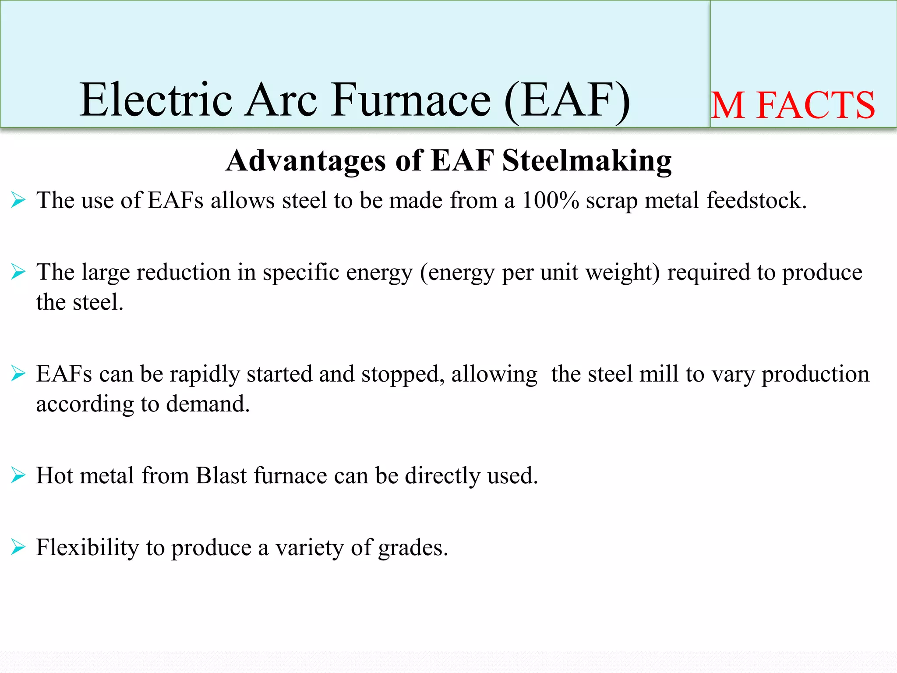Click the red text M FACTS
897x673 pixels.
pyautogui.click(x=793, y=105)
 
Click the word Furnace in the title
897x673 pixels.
pyautogui.click(x=411, y=100)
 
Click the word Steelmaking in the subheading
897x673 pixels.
pyautogui.click(x=586, y=160)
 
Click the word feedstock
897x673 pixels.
pyautogui.click(x=756, y=200)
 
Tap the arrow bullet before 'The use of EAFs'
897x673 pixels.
pyautogui.click(x=18, y=200)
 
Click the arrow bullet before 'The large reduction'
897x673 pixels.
pyautogui.click(x=18, y=272)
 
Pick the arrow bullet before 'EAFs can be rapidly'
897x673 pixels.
pyautogui.click(x=18, y=374)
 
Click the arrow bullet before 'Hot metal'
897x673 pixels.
pyautogui.click(x=18, y=475)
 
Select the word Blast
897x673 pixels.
pyautogui.click(x=221, y=475)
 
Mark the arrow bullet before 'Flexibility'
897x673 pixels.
pyautogui.click(x=18, y=547)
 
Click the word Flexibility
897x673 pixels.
pyautogui.click(x=87, y=548)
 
